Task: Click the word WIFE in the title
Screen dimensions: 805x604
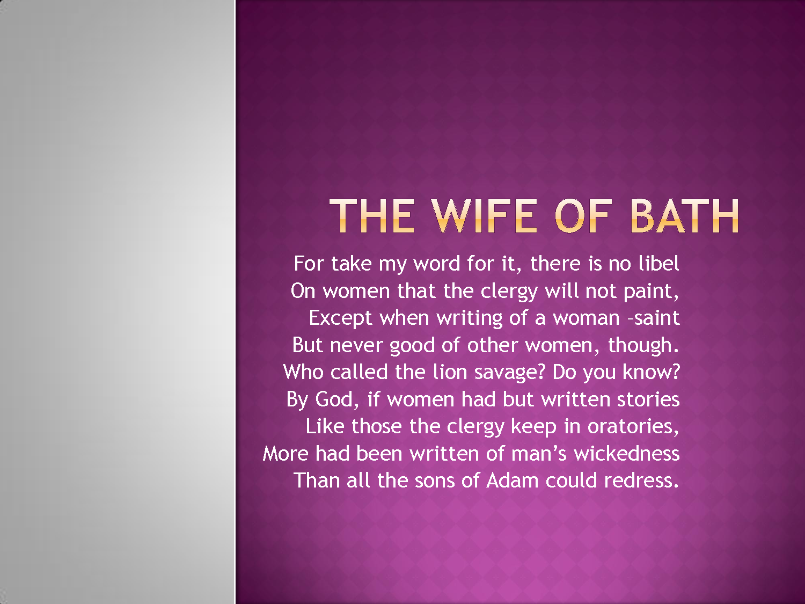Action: tap(484, 216)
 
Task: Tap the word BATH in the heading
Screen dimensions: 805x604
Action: tap(685, 216)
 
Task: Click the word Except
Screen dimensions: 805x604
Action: tap(340, 318)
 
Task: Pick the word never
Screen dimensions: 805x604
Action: tap(356, 346)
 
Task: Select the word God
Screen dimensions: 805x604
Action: tap(334, 399)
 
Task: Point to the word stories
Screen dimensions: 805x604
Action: tap(648, 399)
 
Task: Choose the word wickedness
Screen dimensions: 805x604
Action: tap(627, 453)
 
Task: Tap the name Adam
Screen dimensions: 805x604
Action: tap(512, 481)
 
